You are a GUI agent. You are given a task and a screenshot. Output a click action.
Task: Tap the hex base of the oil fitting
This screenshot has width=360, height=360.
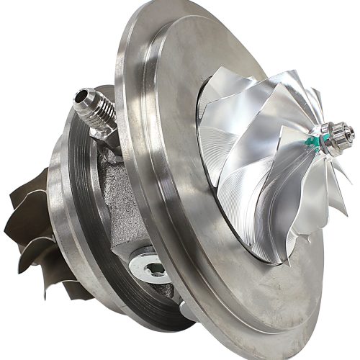click(x=108, y=130)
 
